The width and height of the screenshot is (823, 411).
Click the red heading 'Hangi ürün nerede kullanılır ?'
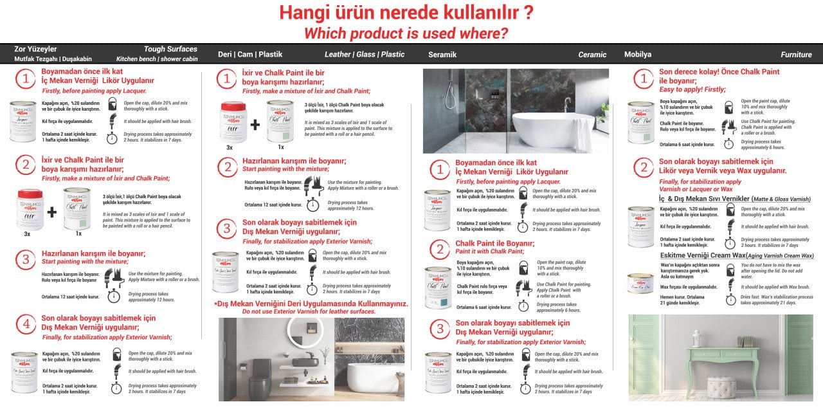click(x=406, y=13)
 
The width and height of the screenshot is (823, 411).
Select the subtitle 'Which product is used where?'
click(x=406, y=33)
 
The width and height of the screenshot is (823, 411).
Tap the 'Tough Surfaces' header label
click(x=170, y=49)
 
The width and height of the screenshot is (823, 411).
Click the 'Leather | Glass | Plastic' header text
click(x=365, y=55)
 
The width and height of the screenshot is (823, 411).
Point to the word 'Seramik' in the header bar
click(x=442, y=55)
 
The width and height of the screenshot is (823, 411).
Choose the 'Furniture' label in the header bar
click(x=796, y=55)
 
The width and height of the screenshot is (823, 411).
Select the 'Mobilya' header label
click(x=638, y=55)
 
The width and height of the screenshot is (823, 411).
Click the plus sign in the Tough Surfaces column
click(x=52, y=212)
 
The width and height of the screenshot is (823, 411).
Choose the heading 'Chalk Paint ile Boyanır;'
click(x=494, y=243)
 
